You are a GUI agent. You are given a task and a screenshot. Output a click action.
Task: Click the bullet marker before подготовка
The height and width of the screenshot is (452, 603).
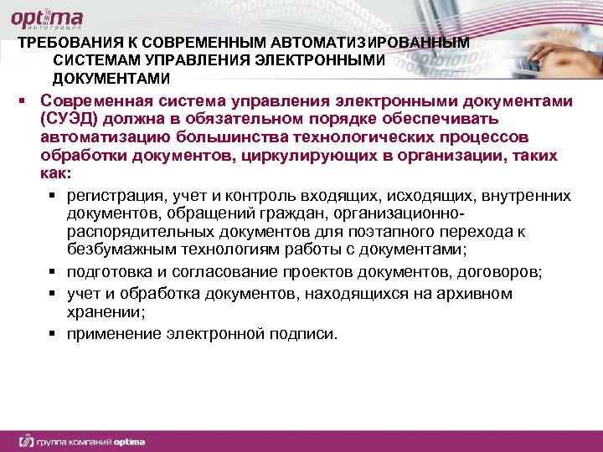pyautogui.click(x=52, y=273)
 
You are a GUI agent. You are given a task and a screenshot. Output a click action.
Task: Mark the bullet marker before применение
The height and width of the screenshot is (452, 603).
pyautogui.click(x=52, y=334)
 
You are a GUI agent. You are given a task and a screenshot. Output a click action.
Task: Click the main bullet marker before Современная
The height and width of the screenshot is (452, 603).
pyautogui.click(x=25, y=101)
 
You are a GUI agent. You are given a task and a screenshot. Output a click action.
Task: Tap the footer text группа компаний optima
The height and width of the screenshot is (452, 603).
pyautogui.click(x=83, y=440)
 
